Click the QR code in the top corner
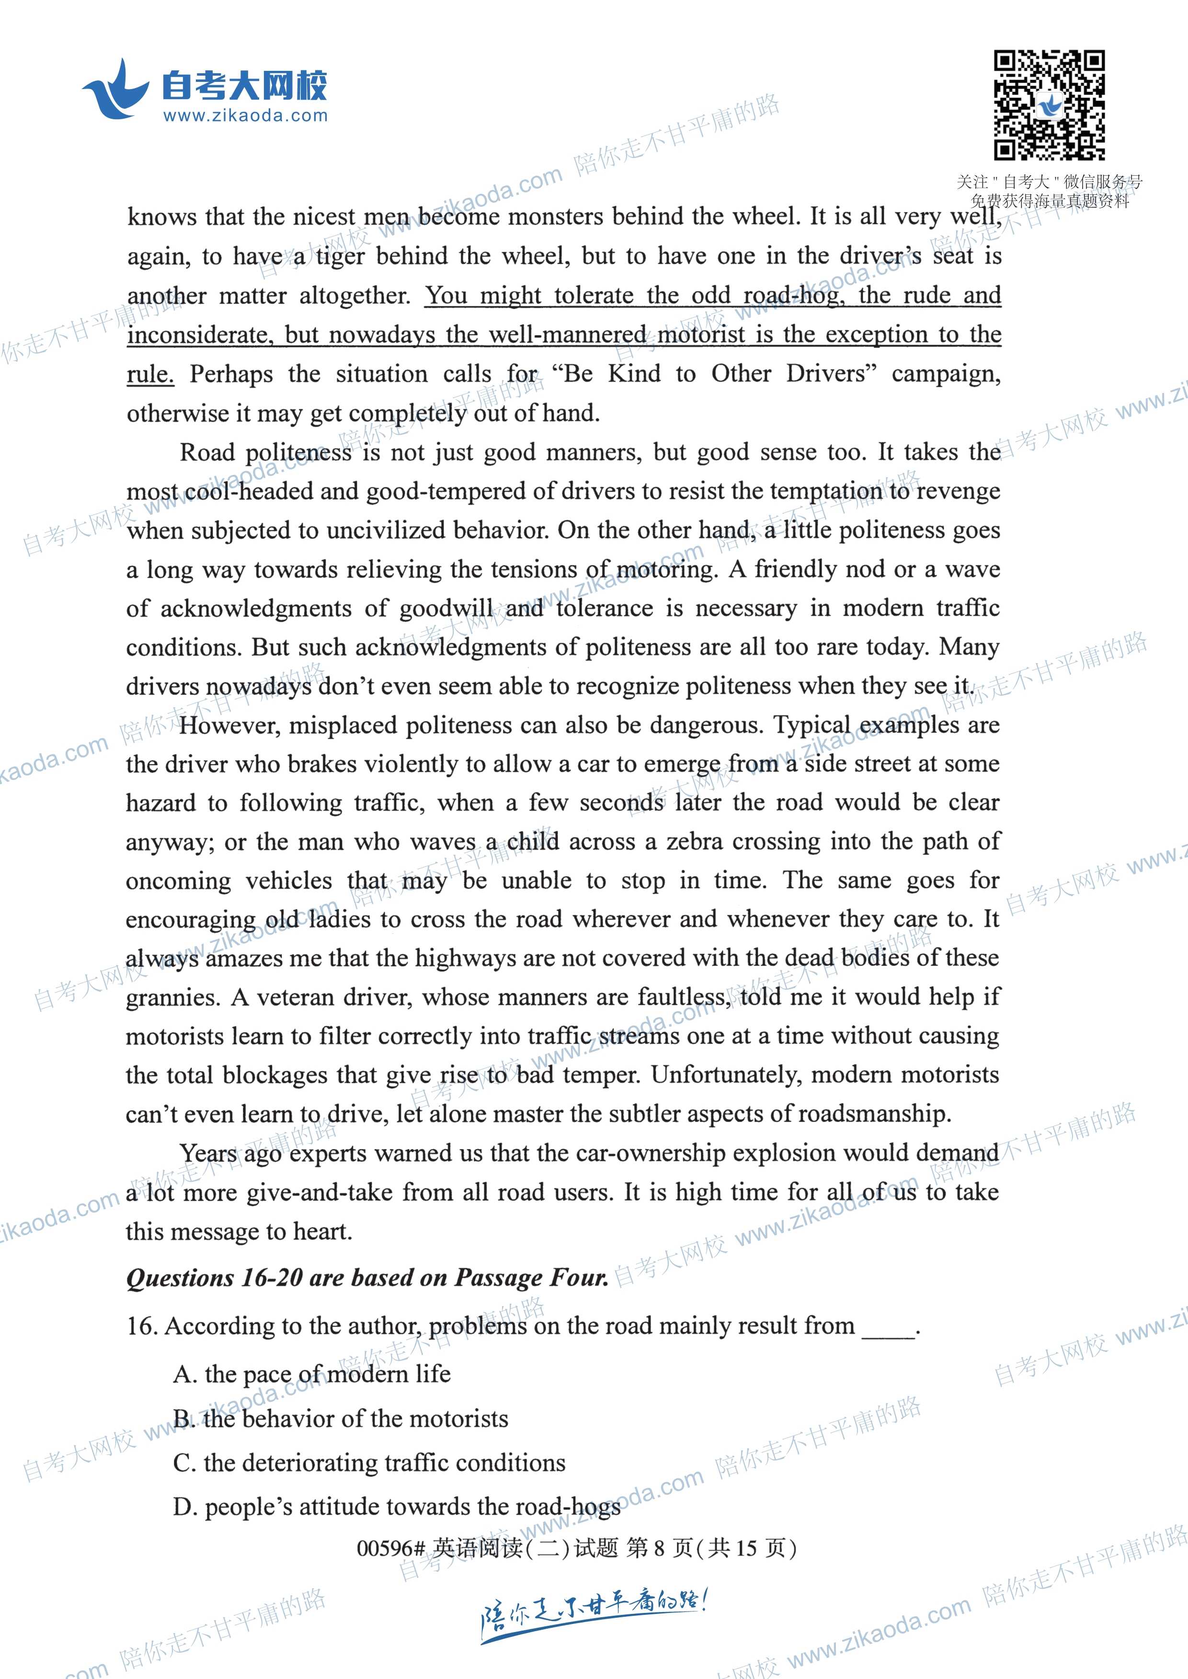coord(1049,104)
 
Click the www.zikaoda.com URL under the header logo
coord(245,115)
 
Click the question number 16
coord(142,1326)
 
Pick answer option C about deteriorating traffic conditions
coord(369,1463)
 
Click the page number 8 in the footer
coord(659,1548)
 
